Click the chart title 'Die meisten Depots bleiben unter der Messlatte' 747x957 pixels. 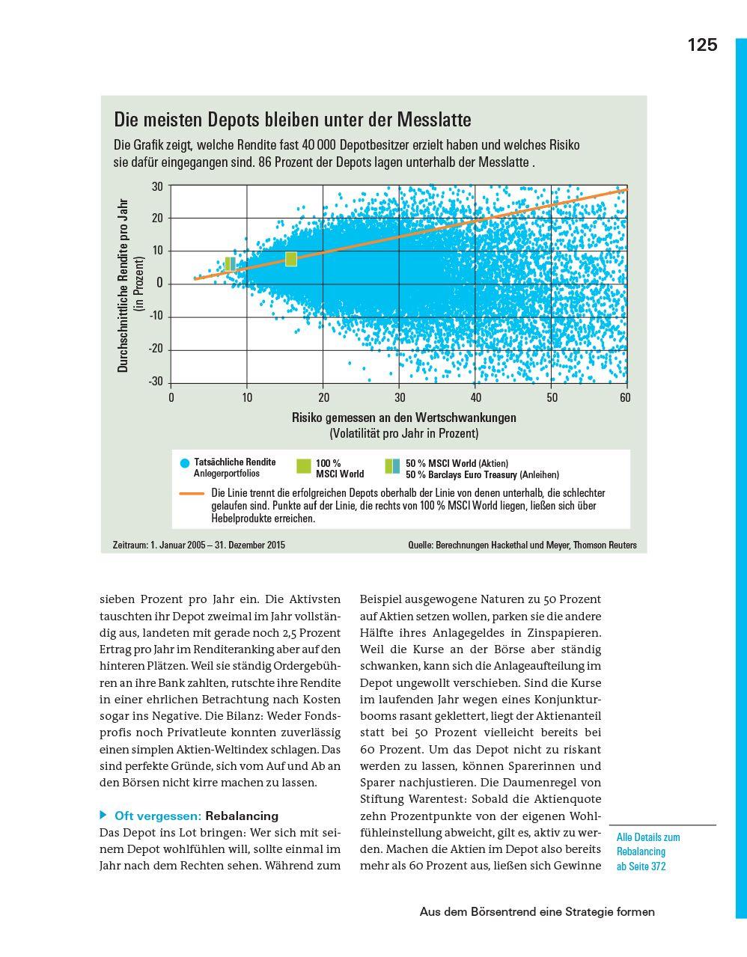click(x=292, y=120)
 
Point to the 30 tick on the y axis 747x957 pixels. click(x=157, y=186)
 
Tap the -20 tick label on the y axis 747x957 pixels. click(x=156, y=349)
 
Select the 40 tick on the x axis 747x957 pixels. click(x=476, y=398)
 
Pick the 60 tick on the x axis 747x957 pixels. click(x=625, y=398)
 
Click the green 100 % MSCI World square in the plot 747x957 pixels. click(x=291, y=259)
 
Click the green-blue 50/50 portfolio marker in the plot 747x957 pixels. click(x=230, y=263)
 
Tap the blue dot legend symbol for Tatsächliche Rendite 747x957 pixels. click(x=185, y=463)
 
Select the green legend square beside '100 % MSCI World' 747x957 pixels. click(x=303, y=465)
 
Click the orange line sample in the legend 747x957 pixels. click(x=192, y=494)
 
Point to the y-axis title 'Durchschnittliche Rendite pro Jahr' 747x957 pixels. click(x=124, y=285)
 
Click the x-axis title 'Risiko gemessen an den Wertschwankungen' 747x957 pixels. click(x=403, y=418)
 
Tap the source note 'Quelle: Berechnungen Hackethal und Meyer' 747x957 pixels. click(x=522, y=545)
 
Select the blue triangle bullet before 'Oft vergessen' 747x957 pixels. click(x=104, y=815)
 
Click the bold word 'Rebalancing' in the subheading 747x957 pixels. click(x=241, y=816)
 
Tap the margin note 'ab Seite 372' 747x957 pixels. click(x=641, y=866)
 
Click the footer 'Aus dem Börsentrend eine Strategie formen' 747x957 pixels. click(x=537, y=911)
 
